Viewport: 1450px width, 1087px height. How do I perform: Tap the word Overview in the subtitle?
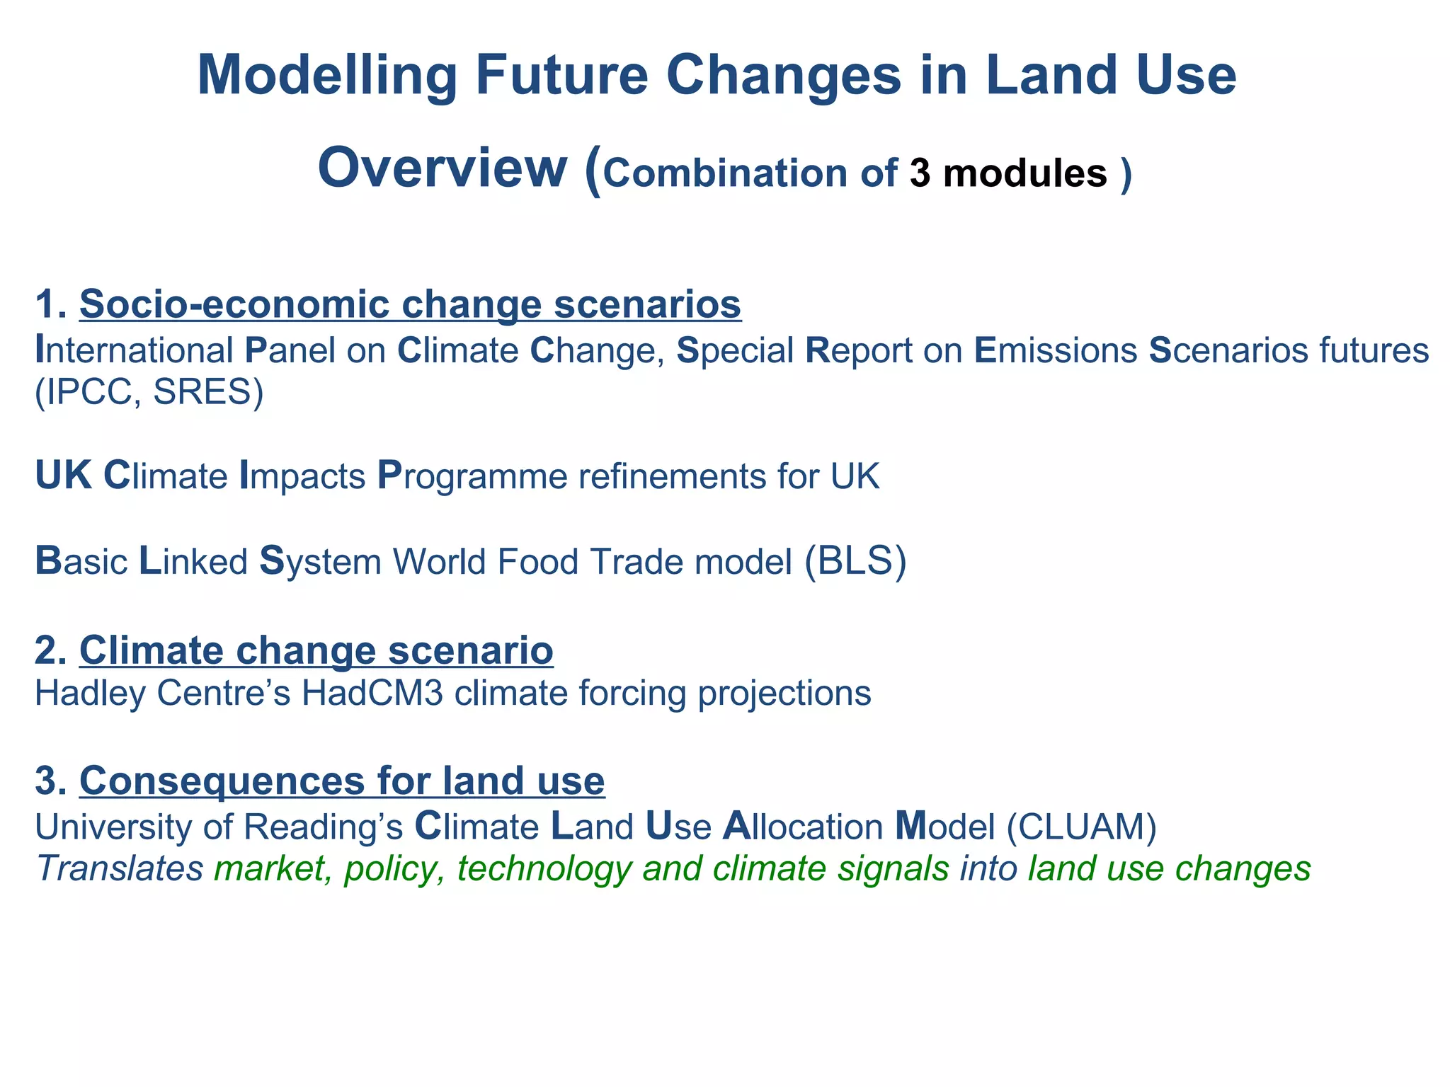[x=442, y=168]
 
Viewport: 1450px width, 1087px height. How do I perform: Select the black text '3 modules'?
[x=1008, y=173]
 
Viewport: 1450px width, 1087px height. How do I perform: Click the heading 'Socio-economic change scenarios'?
[x=410, y=304]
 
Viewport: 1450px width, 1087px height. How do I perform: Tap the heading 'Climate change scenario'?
[x=316, y=650]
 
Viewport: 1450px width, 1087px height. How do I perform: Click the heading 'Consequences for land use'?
[x=342, y=781]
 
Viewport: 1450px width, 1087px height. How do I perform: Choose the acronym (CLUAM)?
[x=1081, y=827]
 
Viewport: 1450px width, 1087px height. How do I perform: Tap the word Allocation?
[x=802, y=827]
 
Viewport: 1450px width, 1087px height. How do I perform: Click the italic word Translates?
[x=120, y=868]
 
